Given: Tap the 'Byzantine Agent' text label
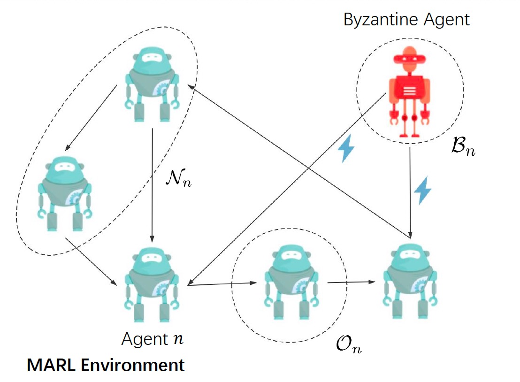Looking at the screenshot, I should click(406, 20).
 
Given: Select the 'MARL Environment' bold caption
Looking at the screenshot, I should click(106, 365).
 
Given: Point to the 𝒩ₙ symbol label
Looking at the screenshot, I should click(180, 179).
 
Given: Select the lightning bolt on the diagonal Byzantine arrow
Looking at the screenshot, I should click(347, 148).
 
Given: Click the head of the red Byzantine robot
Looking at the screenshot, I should click(410, 58).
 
